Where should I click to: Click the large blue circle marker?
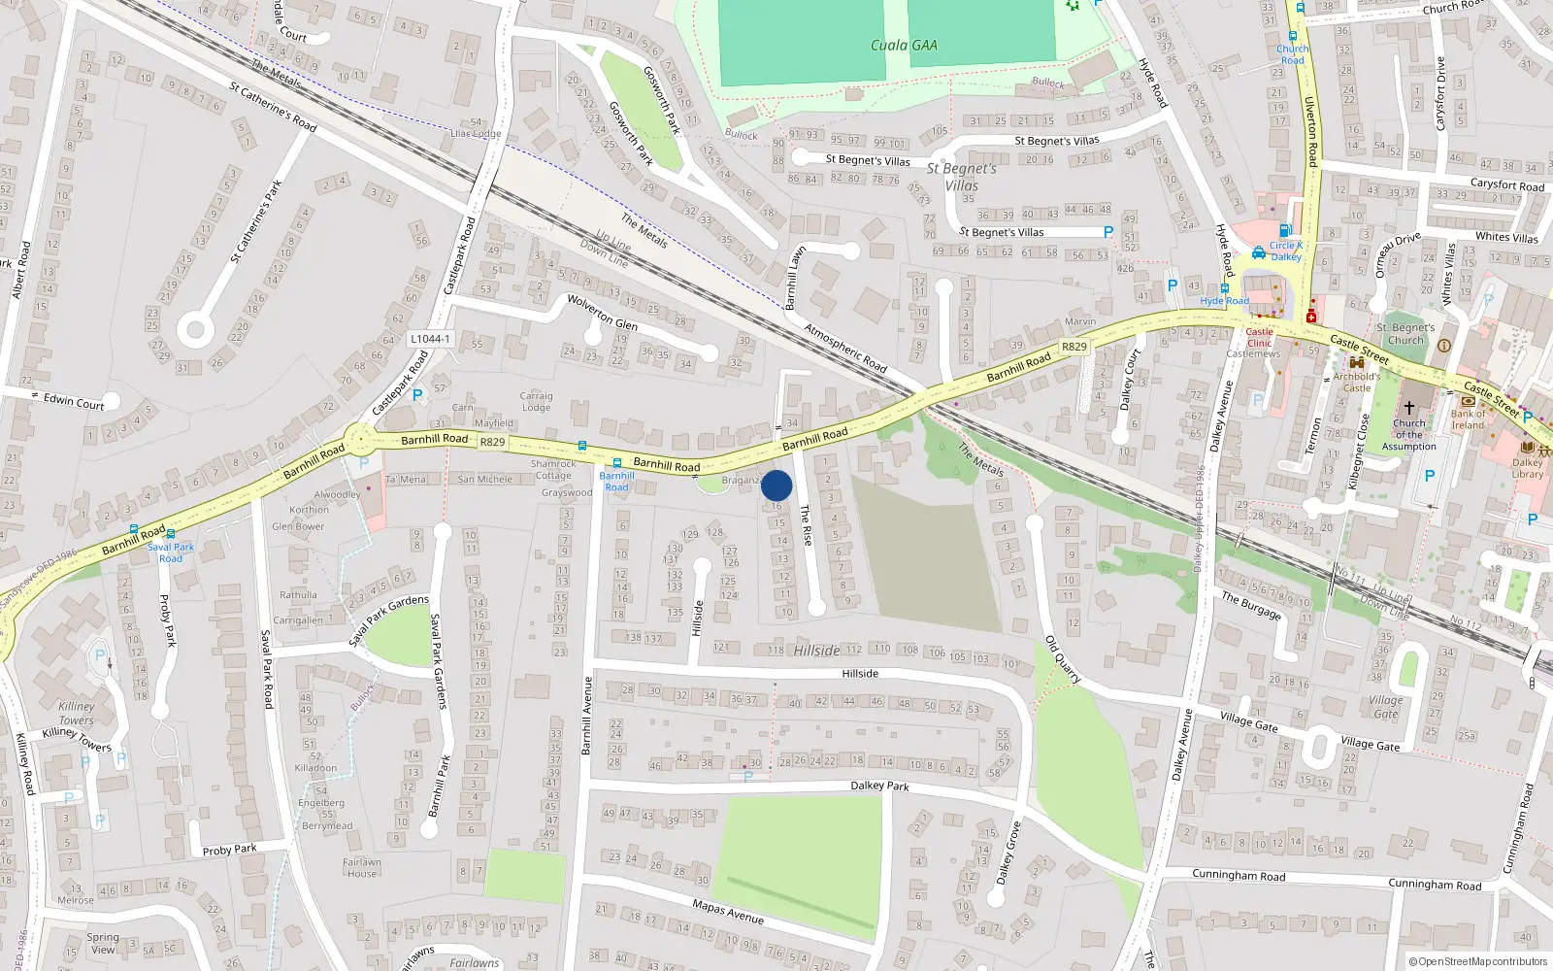[x=776, y=485]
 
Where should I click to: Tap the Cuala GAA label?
[x=903, y=45]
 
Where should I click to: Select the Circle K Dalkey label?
[x=1286, y=251]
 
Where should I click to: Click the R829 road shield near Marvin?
[x=1074, y=347]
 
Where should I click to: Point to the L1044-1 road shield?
[x=430, y=339]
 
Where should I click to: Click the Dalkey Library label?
[x=1527, y=468]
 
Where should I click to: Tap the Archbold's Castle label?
[x=1357, y=382]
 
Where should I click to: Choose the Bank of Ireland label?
[x=1468, y=419]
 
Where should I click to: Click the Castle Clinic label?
[x=1259, y=337]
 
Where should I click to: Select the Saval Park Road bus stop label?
[x=171, y=552]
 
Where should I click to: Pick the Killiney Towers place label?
[x=77, y=714]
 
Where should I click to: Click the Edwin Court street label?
[x=74, y=401]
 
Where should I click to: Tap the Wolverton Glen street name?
[x=602, y=312]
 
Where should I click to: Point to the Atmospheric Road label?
[x=845, y=348]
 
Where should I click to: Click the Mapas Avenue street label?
[x=728, y=911]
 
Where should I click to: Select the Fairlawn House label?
[x=362, y=867]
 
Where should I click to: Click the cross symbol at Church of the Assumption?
[x=1409, y=407]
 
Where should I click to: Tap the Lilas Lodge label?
[x=476, y=133]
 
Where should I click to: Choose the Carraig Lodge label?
[x=536, y=401]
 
